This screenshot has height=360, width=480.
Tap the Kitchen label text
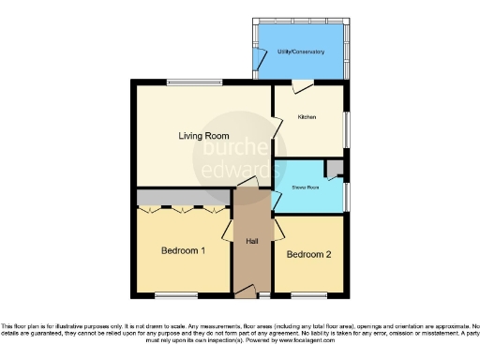[307, 117]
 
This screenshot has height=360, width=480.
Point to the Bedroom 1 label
[183, 251]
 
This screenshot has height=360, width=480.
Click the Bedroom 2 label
[308, 255]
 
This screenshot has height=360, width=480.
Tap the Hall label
[252, 242]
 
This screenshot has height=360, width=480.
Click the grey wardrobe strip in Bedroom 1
[183, 198]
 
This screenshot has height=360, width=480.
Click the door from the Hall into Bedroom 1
[228, 231]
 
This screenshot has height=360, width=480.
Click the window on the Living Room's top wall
[194, 82]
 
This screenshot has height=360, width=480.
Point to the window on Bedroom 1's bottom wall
[182, 296]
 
